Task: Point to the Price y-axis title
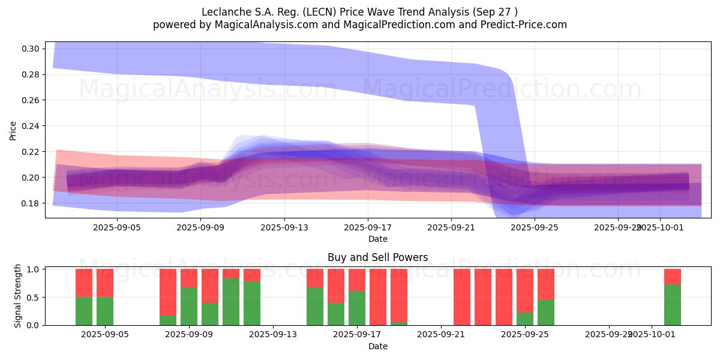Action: tap(13, 130)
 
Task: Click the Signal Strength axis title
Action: tap(18, 296)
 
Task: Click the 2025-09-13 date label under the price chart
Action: tap(284, 228)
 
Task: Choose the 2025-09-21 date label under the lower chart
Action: tap(441, 334)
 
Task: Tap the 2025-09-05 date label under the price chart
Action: tap(116, 228)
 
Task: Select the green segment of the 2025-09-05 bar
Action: tap(105, 311)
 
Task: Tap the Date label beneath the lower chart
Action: tap(378, 346)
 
